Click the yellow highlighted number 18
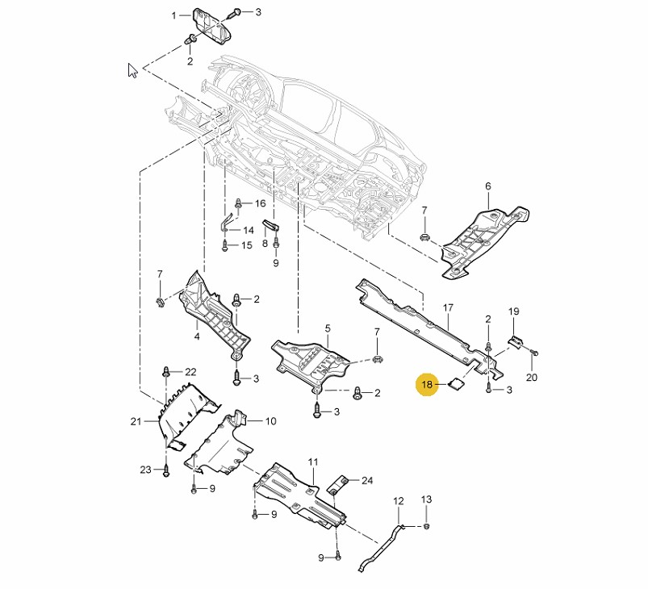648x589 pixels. [x=428, y=385]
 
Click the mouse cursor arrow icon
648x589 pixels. [x=132, y=70]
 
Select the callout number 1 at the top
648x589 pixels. [x=173, y=15]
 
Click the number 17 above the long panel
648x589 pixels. [x=449, y=307]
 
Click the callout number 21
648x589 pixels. [x=135, y=420]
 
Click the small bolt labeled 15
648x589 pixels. [x=225, y=244]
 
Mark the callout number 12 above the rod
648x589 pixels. [x=398, y=501]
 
